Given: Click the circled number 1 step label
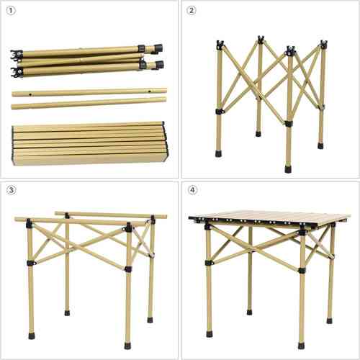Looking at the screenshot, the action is (11, 11).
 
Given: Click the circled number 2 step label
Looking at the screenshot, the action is (192, 11).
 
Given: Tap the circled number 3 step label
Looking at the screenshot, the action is (11, 190).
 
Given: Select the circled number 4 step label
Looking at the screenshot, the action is (193, 190).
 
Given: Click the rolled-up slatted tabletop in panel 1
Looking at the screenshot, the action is (90, 143).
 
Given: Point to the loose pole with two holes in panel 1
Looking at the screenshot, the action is (89, 92).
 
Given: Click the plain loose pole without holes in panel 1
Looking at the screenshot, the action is (89, 103).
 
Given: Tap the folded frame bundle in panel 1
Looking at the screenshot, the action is (87, 60).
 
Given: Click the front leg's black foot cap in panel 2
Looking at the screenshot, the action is (289, 168).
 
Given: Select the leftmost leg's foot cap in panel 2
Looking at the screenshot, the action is (219, 153).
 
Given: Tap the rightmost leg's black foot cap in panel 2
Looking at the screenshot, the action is (320, 145).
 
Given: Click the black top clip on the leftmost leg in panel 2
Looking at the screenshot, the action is (220, 45).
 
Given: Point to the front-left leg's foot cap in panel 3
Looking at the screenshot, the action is (32, 336).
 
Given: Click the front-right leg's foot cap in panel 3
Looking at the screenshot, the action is (127, 346).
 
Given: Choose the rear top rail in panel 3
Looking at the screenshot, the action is (111, 215).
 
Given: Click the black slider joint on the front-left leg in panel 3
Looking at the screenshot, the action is (30, 263).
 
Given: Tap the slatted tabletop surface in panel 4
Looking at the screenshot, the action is (269, 217).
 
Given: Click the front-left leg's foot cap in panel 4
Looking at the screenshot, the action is (209, 334).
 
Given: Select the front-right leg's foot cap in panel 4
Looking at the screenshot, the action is (301, 346).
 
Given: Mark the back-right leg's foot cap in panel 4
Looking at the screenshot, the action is (329, 321).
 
